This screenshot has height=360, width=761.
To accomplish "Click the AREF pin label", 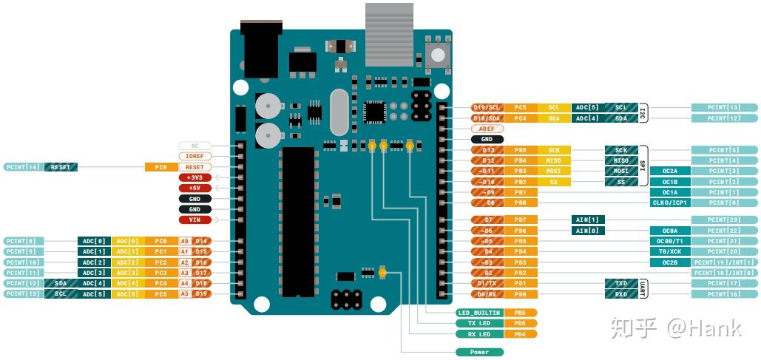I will point(487,129).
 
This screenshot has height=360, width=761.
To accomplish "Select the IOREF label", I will point(195,157).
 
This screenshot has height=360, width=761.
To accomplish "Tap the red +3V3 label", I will point(195,177).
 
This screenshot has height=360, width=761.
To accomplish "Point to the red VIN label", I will point(195,220).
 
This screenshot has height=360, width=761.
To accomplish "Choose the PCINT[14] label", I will point(23,167).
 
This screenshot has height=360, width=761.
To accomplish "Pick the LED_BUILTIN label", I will point(479,313).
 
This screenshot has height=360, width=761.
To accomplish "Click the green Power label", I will point(479,352).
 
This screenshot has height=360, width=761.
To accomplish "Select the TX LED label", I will point(479,323).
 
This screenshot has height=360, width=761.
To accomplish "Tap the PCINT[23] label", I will point(725,220).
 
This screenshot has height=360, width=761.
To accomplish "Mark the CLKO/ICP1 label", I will point(669,203).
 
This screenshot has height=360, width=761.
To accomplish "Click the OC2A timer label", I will point(669,171).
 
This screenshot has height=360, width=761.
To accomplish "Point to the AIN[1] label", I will point(588,220).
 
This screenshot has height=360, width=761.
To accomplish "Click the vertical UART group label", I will point(643,288).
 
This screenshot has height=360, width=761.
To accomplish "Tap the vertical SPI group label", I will point(643,166).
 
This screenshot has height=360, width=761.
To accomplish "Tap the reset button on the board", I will point(437,55).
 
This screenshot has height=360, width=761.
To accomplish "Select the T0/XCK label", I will point(669,251).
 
